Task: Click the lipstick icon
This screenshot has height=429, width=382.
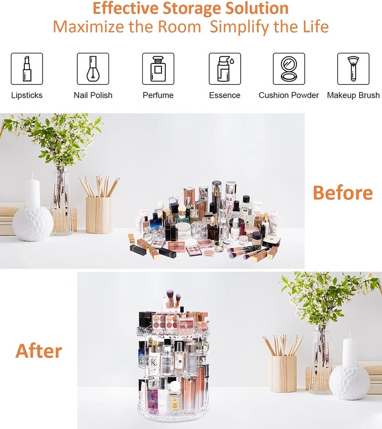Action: pos(27,69)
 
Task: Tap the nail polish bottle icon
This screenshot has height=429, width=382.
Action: pos(93,69)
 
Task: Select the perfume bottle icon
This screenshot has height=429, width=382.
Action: pos(158,69)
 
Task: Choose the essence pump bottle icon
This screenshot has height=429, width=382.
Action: pos(224,69)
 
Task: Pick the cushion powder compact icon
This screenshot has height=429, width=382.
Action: pos(289,69)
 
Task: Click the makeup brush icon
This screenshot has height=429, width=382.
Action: pos(353,69)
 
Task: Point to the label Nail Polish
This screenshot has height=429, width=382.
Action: pos(93,95)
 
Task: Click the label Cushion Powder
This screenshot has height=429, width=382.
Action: pos(289,95)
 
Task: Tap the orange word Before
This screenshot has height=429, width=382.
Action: pos(342,193)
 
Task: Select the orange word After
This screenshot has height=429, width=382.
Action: pos(39,351)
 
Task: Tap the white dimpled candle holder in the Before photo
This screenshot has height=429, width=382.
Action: pos(32,223)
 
